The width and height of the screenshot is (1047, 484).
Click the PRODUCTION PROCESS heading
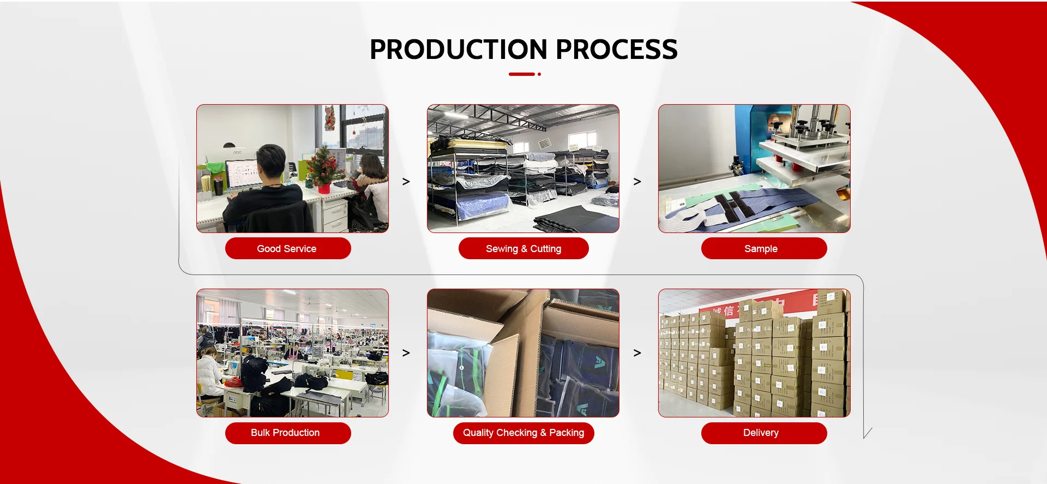pyautogui.click(x=523, y=49)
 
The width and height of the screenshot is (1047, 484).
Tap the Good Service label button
pyautogui.click(x=288, y=248)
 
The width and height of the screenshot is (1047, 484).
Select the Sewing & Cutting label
pyautogui.click(x=523, y=248)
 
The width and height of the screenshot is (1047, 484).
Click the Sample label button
pyautogui.click(x=764, y=248)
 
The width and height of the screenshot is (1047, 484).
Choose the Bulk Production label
pyautogui.click(x=288, y=433)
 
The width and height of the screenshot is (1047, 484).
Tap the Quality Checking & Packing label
pyautogui.click(x=523, y=433)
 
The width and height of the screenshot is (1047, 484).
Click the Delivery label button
pyautogui.click(x=764, y=433)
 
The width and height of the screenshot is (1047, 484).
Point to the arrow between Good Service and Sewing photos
pyautogui.click(x=406, y=181)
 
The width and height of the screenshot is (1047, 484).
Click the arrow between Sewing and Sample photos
pyautogui.click(x=637, y=181)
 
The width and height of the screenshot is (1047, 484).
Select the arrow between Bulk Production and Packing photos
pyautogui.click(x=406, y=353)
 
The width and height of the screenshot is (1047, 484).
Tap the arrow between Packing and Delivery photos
pyautogui.click(x=637, y=353)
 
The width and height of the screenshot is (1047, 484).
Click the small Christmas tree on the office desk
pyautogui.click(x=324, y=168)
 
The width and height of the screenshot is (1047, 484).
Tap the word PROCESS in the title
pyautogui.click(x=617, y=49)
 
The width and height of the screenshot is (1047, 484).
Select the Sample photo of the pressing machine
pyautogui.click(x=754, y=169)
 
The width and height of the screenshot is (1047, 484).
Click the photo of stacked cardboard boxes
pyautogui.click(x=754, y=353)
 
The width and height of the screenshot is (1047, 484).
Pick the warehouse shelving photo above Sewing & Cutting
pyautogui.click(x=523, y=169)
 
